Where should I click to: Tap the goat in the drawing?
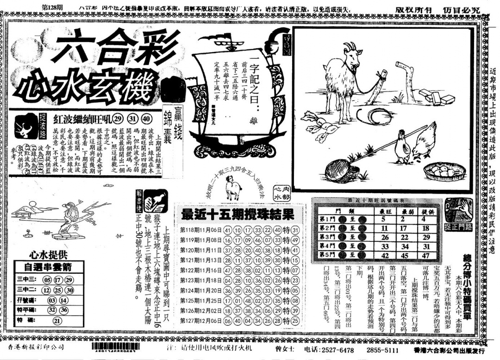point(345,79)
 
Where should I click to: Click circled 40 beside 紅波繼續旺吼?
point(146,118)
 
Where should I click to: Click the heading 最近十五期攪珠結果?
point(237,215)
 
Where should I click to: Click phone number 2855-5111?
point(382,349)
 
